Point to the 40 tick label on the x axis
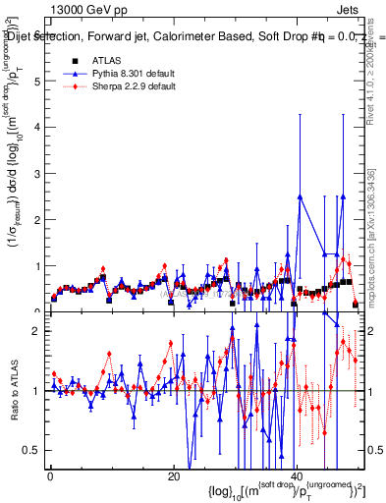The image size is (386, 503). (297, 476)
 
